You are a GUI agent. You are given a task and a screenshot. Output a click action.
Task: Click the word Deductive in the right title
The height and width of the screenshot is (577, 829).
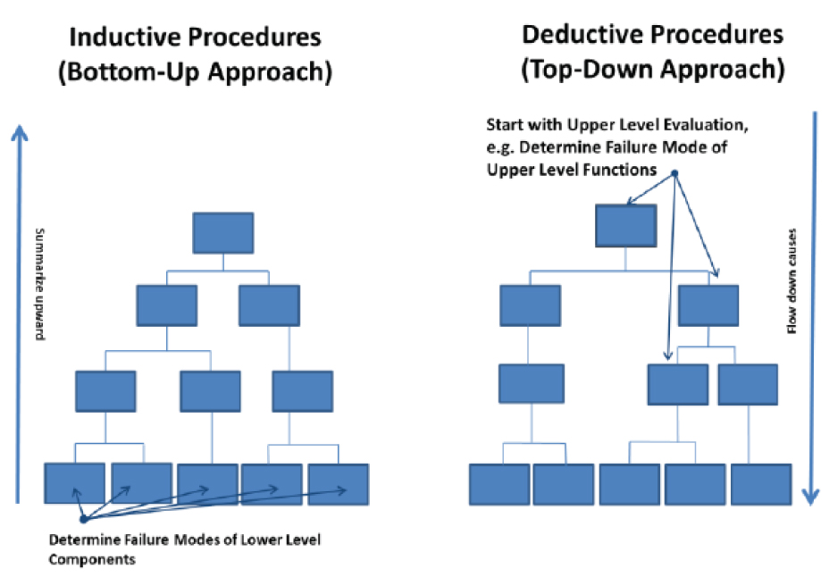pyautogui.click(x=582, y=35)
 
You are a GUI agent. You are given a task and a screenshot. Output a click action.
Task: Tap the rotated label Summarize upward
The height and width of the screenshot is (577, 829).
pyautogui.click(x=39, y=284)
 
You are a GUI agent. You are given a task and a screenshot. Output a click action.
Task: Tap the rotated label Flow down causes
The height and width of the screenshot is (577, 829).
pyautogui.click(x=791, y=281)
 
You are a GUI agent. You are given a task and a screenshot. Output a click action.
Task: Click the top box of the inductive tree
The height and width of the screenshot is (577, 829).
pyautogui.click(x=223, y=233)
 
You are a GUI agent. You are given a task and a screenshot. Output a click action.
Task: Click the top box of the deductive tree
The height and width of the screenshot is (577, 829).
pyautogui.click(x=626, y=226)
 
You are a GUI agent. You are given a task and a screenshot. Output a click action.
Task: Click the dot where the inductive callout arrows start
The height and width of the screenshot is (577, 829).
pyautogui.click(x=83, y=520)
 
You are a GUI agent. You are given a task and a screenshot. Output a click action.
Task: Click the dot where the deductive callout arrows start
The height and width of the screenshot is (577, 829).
pyautogui.click(x=674, y=172)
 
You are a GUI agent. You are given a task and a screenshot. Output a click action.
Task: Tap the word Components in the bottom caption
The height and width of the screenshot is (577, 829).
pyautogui.click(x=92, y=560)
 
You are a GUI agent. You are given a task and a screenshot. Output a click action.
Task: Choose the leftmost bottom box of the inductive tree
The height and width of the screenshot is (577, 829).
pyautogui.click(x=74, y=483)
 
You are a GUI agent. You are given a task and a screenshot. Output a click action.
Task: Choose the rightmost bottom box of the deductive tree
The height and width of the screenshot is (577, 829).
pyautogui.click(x=761, y=484)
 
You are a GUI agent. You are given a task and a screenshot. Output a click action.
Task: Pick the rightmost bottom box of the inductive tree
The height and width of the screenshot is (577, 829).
pyautogui.click(x=339, y=484)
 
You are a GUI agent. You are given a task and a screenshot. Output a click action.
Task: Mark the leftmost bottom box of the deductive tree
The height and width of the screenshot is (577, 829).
pyautogui.click(x=499, y=484)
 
